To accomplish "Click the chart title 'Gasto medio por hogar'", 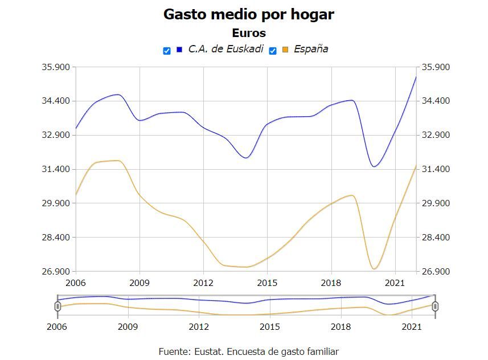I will [248, 14].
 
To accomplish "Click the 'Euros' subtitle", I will [248, 33].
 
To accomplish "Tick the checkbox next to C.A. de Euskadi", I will [167, 51].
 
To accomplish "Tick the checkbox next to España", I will [273, 51].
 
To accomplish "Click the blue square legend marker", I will [179, 50].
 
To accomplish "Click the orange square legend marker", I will [285, 50].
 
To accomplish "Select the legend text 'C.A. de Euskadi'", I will [225, 49].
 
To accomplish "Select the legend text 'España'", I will [311, 49].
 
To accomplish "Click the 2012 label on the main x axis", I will [203, 283].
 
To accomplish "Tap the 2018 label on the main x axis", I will [331, 283].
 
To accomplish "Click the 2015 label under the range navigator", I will [270, 326].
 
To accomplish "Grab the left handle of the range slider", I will [58, 306].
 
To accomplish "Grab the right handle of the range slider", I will [436, 306].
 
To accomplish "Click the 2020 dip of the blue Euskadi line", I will [374, 166].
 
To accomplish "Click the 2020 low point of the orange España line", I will [374, 269].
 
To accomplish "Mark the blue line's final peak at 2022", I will [416, 76].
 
